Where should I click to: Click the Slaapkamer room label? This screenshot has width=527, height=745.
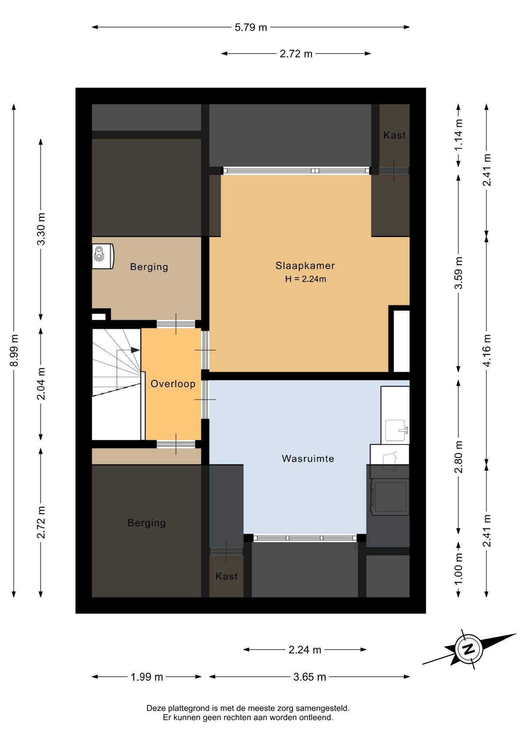305,266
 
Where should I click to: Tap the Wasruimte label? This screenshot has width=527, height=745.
308,459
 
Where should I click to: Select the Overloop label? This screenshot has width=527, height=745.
173,384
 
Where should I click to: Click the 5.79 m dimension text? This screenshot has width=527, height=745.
251,28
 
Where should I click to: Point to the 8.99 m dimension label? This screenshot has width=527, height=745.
14,350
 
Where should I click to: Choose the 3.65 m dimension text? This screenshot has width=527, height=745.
309,677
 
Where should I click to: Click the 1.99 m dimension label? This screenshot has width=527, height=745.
146,677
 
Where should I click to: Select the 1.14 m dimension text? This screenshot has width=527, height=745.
459,135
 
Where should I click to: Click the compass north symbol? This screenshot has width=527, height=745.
469,649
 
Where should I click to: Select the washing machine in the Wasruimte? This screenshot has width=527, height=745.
390,497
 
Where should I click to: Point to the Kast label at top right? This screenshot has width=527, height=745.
394,135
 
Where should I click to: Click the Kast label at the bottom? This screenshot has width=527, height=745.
226,576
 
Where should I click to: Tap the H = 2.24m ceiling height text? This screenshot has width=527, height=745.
305,279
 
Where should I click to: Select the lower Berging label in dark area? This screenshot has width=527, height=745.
147,523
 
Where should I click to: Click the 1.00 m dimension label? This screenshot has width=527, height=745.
459,569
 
